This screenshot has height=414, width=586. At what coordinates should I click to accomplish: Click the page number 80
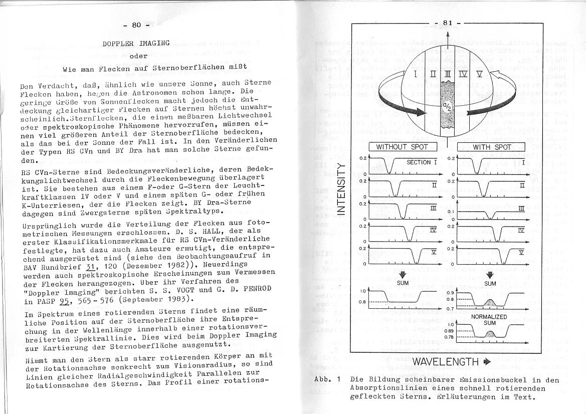[x=137, y=25]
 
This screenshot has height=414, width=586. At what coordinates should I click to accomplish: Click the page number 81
[x=448, y=23]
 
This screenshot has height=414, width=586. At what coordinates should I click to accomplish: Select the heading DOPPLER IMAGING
[x=136, y=44]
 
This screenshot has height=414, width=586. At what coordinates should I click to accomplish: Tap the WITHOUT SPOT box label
[x=403, y=147]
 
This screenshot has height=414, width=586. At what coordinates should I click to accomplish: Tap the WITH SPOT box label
[x=492, y=147]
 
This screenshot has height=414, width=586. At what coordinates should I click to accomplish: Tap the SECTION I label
[x=422, y=162]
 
